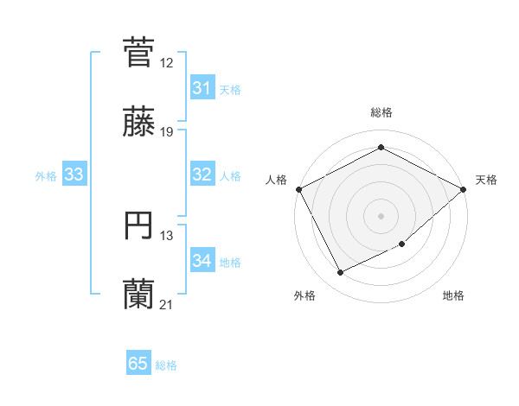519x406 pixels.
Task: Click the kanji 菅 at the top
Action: (139, 52)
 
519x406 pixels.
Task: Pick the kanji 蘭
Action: (139, 294)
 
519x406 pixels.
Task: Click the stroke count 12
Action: (167, 63)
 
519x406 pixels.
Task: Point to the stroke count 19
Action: (167, 132)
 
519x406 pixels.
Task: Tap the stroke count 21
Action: (167, 305)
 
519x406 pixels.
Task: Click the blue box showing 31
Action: (202, 88)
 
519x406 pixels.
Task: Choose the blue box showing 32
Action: (202, 174)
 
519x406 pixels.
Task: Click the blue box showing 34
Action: (202, 261)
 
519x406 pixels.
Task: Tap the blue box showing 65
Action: (138, 364)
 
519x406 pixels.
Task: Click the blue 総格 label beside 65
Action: (166, 365)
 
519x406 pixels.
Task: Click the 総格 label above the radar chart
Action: (381, 112)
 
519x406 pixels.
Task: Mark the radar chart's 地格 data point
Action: (403, 244)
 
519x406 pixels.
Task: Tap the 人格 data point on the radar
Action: (298, 189)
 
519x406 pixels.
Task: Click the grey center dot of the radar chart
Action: (381, 215)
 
